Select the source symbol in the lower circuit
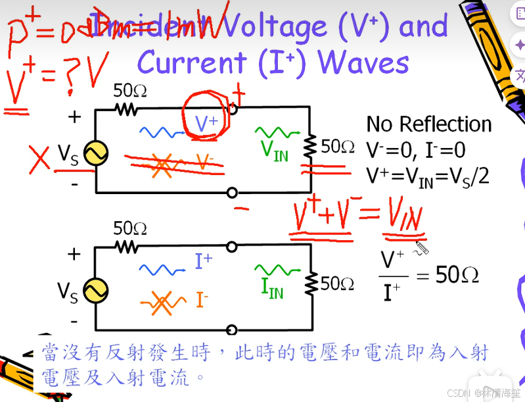(x=96, y=290)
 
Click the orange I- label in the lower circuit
(x=202, y=299)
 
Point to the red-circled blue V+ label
(x=206, y=122)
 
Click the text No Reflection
(x=428, y=124)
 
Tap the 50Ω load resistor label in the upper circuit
(x=338, y=146)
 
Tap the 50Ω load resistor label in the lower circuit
(x=338, y=283)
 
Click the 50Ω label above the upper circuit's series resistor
(x=129, y=90)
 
